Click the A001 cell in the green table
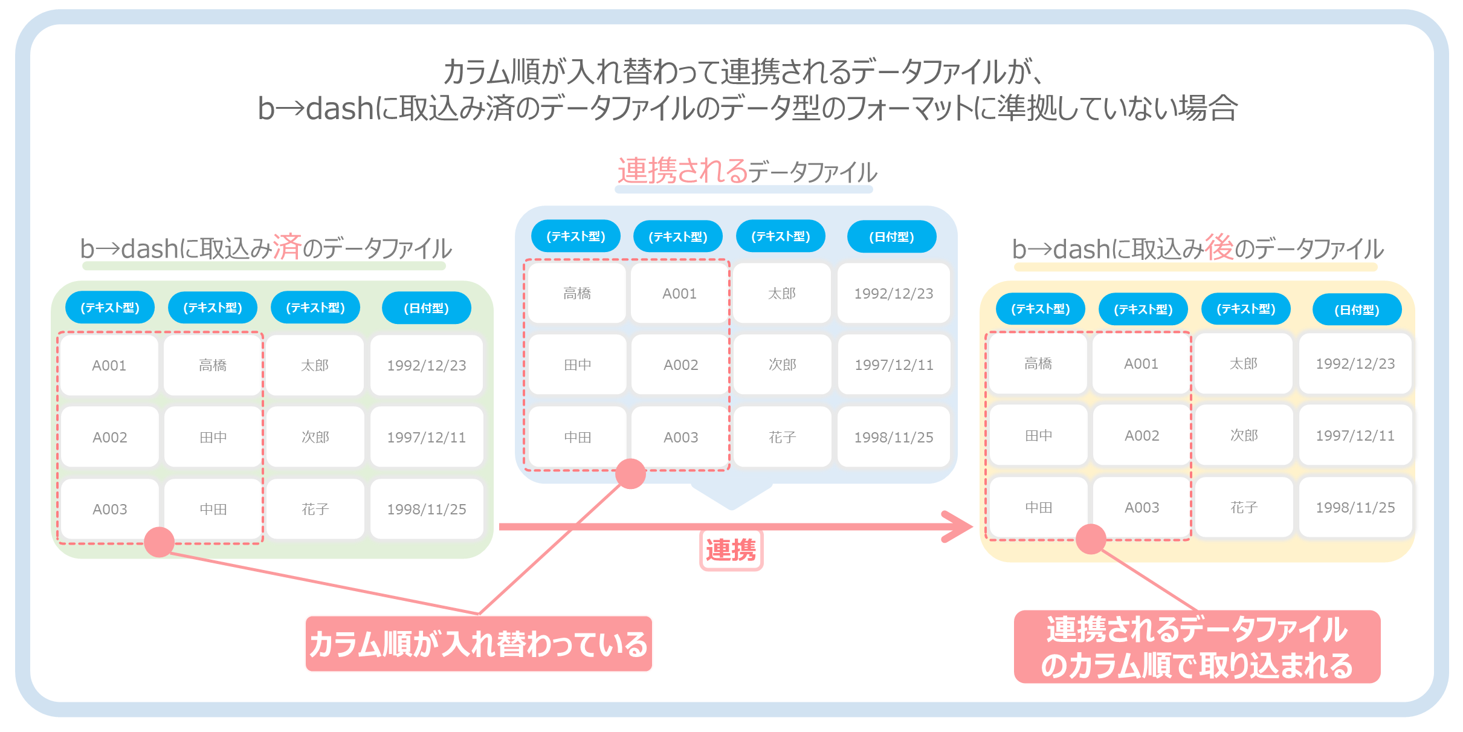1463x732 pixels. [x=109, y=365]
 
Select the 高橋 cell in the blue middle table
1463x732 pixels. [x=577, y=293]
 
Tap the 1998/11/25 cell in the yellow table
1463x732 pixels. [x=1355, y=508]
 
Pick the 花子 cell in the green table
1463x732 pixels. [x=315, y=509]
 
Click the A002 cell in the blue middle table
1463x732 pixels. [x=680, y=364]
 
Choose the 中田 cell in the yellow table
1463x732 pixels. [x=1039, y=508]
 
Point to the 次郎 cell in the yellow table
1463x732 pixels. [x=1244, y=435]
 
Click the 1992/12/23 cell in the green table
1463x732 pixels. [x=427, y=365]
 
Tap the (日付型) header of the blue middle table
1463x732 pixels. [x=892, y=236]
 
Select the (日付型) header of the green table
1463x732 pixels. [x=427, y=308]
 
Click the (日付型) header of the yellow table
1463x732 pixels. [x=1357, y=309]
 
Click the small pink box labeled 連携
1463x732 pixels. [x=731, y=550]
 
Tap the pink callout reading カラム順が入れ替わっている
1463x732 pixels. [x=479, y=644]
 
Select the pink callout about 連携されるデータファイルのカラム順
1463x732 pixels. [x=1197, y=647]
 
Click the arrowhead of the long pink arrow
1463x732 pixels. [x=958, y=526]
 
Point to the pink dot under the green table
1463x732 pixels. [x=160, y=542]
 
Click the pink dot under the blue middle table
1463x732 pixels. [x=630, y=473]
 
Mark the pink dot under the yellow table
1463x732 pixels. [x=1091, y=539]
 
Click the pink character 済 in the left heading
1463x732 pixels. [x=286, y=247]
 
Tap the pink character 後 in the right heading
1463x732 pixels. [x=1219, y=247]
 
